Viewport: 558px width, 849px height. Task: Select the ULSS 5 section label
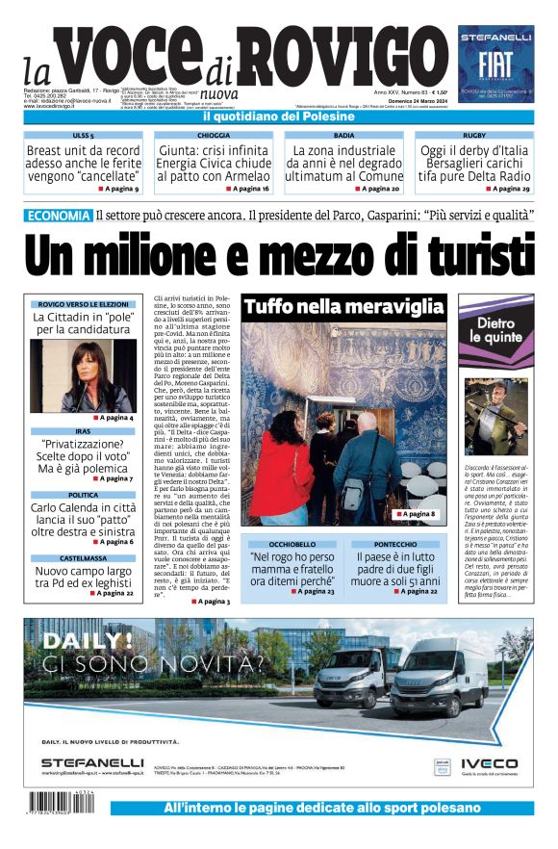click(83, 137)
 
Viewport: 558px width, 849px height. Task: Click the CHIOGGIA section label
click(213, 137)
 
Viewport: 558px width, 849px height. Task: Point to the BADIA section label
click(343, 137)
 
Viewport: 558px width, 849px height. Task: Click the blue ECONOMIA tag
click(59, 216)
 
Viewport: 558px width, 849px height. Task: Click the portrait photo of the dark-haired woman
click(83, 375)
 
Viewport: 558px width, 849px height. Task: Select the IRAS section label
click(83, 431)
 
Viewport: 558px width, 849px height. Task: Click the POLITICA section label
click(83, 495)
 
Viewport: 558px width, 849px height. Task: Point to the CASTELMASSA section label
click(83, 557)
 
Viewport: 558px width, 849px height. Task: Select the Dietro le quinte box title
click(495, 330)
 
